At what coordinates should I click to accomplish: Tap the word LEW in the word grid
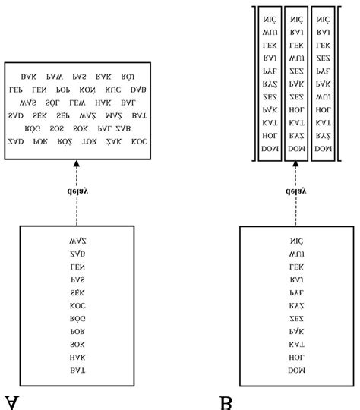click(77, 102)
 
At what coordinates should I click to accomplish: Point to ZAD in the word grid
click(15, 141)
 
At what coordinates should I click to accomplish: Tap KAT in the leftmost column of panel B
click(270, 122)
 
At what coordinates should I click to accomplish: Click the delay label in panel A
click(77, 191)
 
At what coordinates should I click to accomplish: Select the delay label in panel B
click(296, 191)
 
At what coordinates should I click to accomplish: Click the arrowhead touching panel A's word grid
click(77, 164)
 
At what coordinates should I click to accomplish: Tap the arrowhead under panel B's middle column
click(296, 165)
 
